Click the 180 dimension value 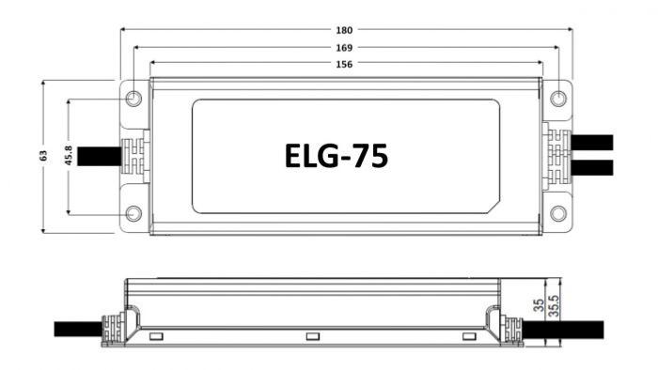(x=344, y=30)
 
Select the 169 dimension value (x=344, y=48)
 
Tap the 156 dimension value (x=344, y=64)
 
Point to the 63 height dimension (x=43, y=156)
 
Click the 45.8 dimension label (x=69, y=156)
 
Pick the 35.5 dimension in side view (x=555, y=306)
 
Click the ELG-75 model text (x=337, y=156)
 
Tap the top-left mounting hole (x=133, y=99)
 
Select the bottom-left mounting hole (x=133, y=214)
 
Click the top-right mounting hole (x=558, y=99)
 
